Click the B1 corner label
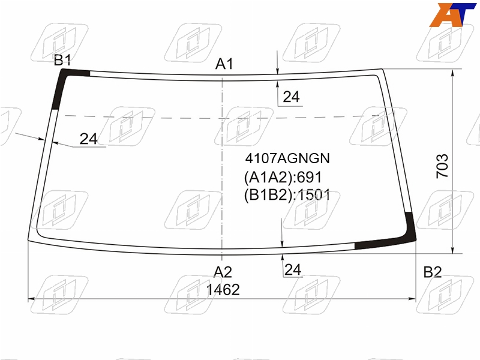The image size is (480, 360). (62, 60)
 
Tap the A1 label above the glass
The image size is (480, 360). (224, 64)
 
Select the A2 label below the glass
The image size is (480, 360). (223, 272)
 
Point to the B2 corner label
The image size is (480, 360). (433, 272)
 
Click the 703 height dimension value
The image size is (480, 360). (442, 166)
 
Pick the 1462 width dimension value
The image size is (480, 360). (223, 290)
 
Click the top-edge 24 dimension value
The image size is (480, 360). (291, 97)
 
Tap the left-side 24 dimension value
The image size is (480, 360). (88, 139)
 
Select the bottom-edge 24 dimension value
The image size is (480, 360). (293, 269)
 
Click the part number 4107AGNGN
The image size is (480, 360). (287, 158)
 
